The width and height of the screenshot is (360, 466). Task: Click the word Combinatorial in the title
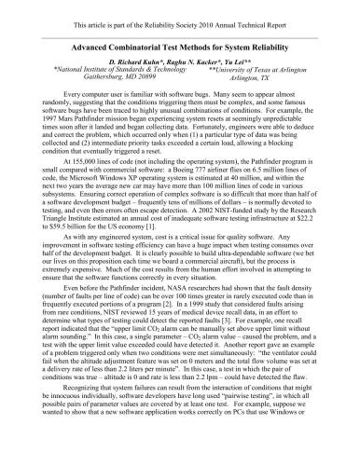click(148, 42)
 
